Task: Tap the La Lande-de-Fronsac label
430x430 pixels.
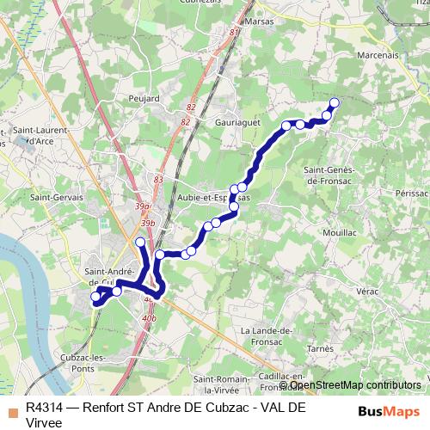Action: (x=268, y=335)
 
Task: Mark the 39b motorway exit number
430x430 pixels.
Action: (x=148, y=223)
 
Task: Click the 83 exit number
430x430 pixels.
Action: (x=158, y=179)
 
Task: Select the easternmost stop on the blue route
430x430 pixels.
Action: (x=335, y=104)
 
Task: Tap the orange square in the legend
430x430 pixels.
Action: (x=12, y=409)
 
